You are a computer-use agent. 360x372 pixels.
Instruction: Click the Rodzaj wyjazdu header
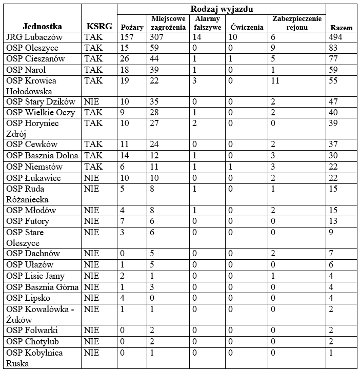(x=222, y=9)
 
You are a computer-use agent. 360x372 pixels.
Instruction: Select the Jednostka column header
(x=43, y=27)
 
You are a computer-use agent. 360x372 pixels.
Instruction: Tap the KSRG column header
(x=98, y=27)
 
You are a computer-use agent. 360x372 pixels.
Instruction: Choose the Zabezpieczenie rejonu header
(x=297, y=23)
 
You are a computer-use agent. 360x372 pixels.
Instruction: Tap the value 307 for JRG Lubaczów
(x=158, y=37)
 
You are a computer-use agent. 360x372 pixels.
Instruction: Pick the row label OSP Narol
(x=26, y=70)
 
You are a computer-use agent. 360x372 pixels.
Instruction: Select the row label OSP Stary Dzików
(x=41, y=102)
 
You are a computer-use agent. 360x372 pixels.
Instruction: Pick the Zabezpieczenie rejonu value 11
(x=275, y=80)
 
